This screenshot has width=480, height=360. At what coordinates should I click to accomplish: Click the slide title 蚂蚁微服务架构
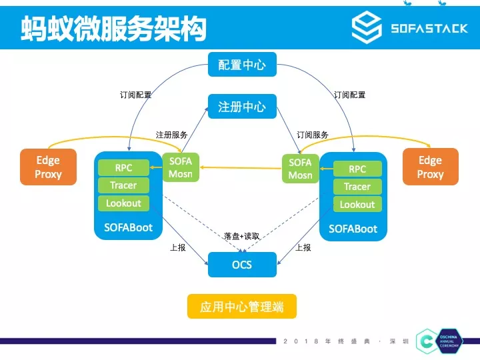(113, 28)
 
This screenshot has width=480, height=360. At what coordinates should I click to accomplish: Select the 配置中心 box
(241, 65)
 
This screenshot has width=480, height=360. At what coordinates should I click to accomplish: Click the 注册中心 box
(241, 106)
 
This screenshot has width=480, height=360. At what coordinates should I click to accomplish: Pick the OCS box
(241, 265)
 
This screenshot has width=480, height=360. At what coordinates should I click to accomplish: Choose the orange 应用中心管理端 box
(241, 307)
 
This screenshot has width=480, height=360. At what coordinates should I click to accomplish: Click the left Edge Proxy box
(48, 167)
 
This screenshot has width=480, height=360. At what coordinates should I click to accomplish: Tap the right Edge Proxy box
(430, 167)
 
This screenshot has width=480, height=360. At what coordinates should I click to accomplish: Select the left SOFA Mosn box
(180, 168)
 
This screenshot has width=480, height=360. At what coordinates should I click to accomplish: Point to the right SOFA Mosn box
(300, 169)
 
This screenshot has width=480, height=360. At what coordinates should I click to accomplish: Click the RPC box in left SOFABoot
(124, 168)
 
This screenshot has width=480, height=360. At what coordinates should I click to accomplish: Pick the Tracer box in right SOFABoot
(357, 187)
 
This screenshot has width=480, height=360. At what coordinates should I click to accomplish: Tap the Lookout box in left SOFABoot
(124, 203)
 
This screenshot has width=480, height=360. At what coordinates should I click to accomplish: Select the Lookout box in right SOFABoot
(357, 204)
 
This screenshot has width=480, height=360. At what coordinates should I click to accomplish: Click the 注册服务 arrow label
(171, 135)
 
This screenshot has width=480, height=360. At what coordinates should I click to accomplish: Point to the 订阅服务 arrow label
(313, 135)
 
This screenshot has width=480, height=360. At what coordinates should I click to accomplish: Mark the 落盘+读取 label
(241, 237)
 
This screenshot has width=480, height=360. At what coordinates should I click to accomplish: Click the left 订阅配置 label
(135, 95)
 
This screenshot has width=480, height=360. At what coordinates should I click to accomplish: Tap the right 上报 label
(303, 247)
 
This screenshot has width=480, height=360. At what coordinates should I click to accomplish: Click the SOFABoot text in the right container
(353, 229)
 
